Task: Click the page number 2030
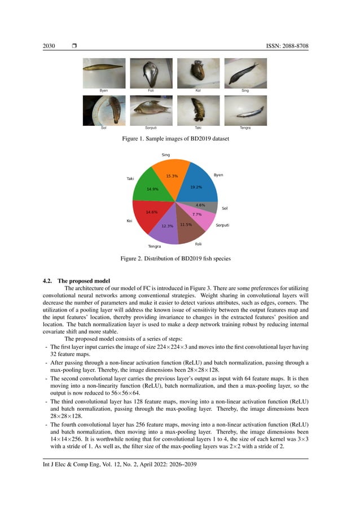50,45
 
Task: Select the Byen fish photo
104,72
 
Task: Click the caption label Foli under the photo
151,90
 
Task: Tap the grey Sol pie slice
203,207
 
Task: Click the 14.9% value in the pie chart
152,189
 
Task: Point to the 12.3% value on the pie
167,226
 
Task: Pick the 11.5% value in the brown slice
186,225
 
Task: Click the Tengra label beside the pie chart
154,247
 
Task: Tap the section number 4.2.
50,280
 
